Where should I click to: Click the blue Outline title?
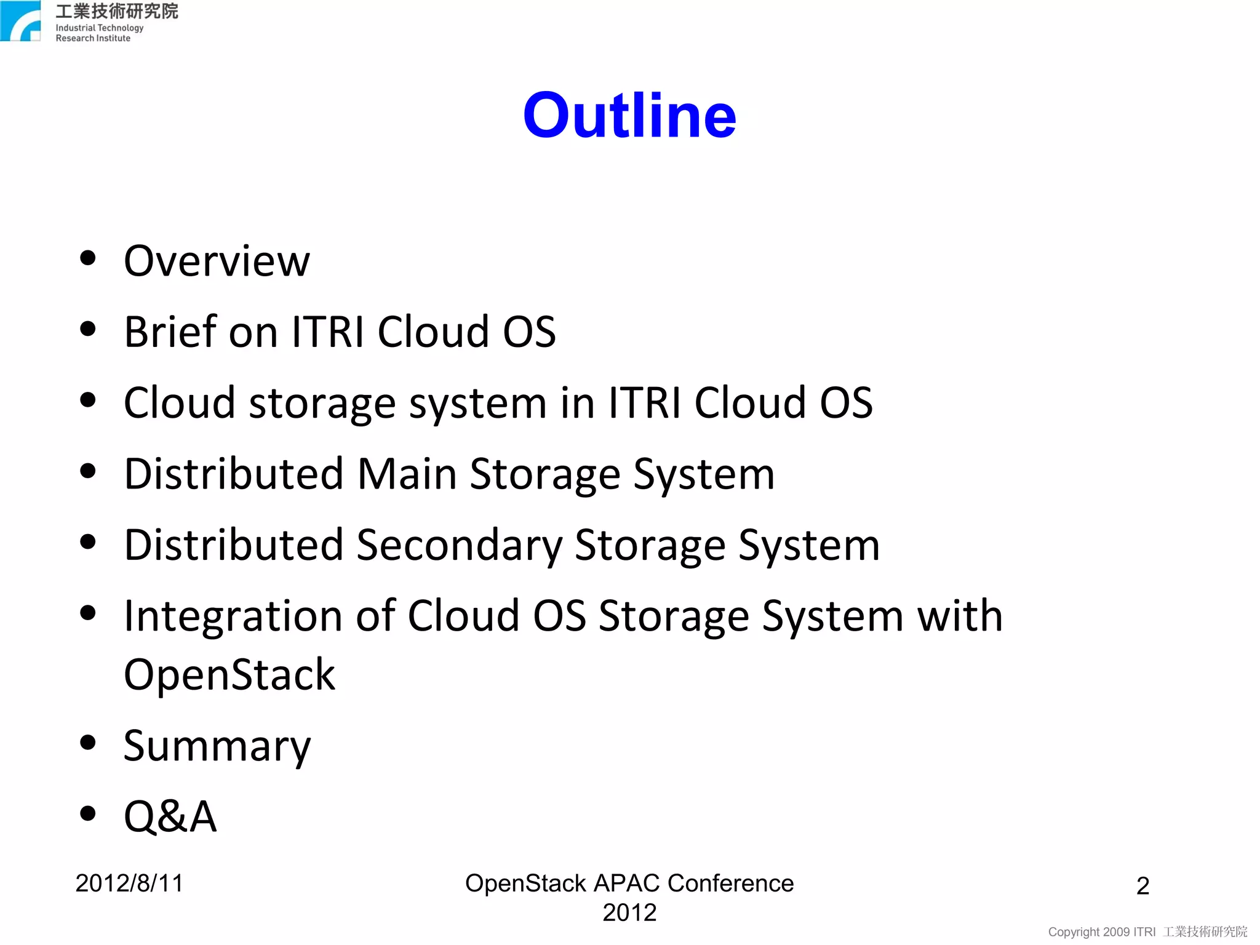(629, 116)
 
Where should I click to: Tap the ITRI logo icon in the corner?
(21, 22)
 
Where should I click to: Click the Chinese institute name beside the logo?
(117, 11)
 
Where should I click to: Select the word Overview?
(217, 261)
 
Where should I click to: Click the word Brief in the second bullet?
(170, 332)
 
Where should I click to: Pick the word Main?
(407, 474)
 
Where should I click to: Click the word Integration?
(233, 617)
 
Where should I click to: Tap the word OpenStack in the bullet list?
(229, 675)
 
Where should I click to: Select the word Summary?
(217, 746)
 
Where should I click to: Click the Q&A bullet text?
(170, 817)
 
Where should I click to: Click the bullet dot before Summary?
(88, 743)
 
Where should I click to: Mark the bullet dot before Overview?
(88, 258)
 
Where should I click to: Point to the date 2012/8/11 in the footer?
(129, 883)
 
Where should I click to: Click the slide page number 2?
(1142, 886)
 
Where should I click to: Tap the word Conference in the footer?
(730, 883)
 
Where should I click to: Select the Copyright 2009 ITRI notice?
(1101, 932)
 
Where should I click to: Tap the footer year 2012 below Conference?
(629, 912)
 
